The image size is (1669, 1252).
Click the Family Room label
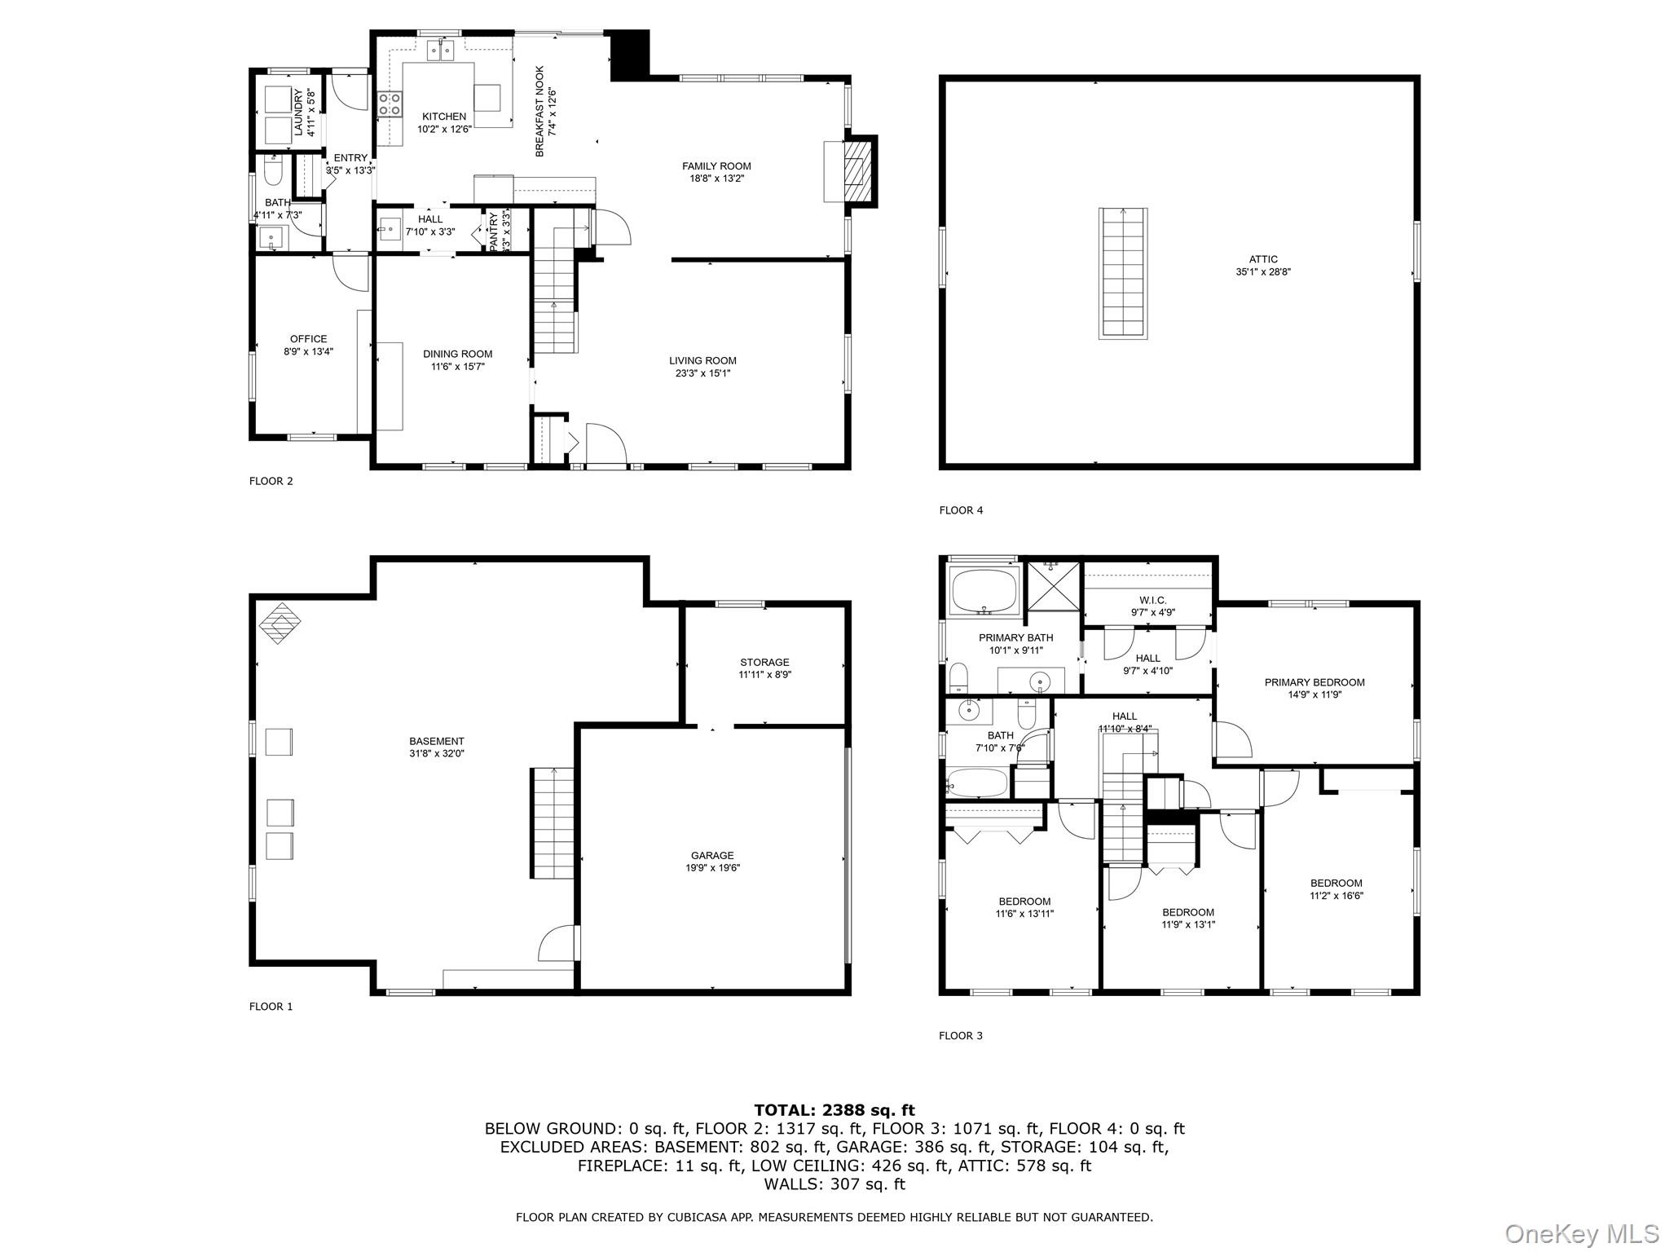pyautogui.click(x=716, y=166)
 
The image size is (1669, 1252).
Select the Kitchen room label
pyautogui.click(x=444, y=117)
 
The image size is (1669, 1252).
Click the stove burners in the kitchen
pyautogui.click(x=390, y=104)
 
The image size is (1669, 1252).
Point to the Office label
pyautogui.click(x=308, y=339)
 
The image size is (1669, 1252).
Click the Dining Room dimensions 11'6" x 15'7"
pyautogui.click(x=457, y=367)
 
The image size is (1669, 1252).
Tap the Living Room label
pyautogui.click(x=702, y=360)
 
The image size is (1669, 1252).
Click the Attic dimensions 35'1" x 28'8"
pyautogui.click(x=1263, y=272)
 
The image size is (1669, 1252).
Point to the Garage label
pyautogui.click(x=712, y=855)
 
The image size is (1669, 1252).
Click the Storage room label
pyautogui.click(x=764, y=662)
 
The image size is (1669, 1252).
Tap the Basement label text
pyautogui.click(x=437, y=741)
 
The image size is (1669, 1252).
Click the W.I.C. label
pyautogui.click(x=1152, y=600)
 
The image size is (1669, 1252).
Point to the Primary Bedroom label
pyautogui.click(x=1315, y=682)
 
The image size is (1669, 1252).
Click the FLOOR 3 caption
pyautogui.click(x=961, y=1035)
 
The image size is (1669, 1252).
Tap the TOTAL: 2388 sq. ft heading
pyautogui.click(x=834, y=1109)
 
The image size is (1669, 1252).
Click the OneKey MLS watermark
pyautogui.click(x=1581, y=1233)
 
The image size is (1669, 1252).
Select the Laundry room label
pyautogui.click(x=298, y=112)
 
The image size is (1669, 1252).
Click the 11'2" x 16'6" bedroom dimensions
pyautogui.click(x=1337, y=895)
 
